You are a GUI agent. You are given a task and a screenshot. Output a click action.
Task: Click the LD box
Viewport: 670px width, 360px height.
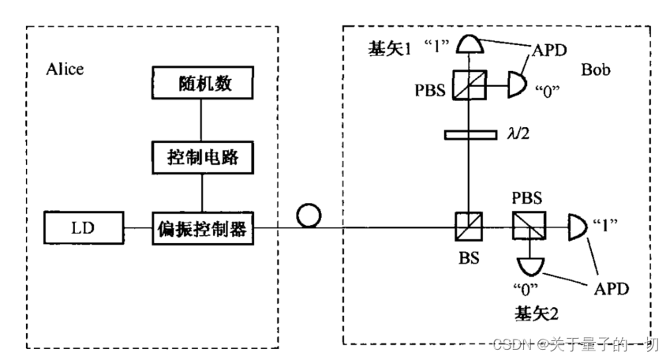pyautogui.click(x=84, y=230)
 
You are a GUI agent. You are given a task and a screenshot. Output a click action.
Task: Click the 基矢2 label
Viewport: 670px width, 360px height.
pyautogui.click(x=538, y=313)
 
